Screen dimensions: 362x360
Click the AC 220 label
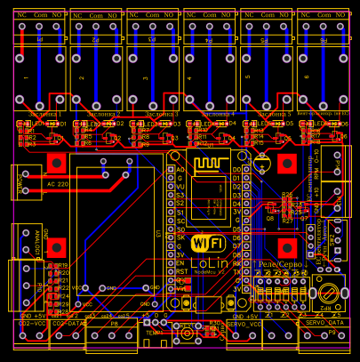(x=56, y=184)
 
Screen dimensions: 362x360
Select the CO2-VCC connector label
(x=33, y=324)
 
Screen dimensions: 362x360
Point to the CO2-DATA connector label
(x=68, y=324)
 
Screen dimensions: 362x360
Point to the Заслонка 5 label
(x=274, y=115)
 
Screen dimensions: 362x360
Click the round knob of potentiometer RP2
(x=330, y=290)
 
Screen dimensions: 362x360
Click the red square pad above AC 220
(x=57, y=163)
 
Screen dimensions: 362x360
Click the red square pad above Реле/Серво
(x=286, y=246)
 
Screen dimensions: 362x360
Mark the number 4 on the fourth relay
(x=190, y=78)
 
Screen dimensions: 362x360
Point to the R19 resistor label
(x=62, y=266)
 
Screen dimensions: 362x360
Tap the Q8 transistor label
(x=270, y=217)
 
